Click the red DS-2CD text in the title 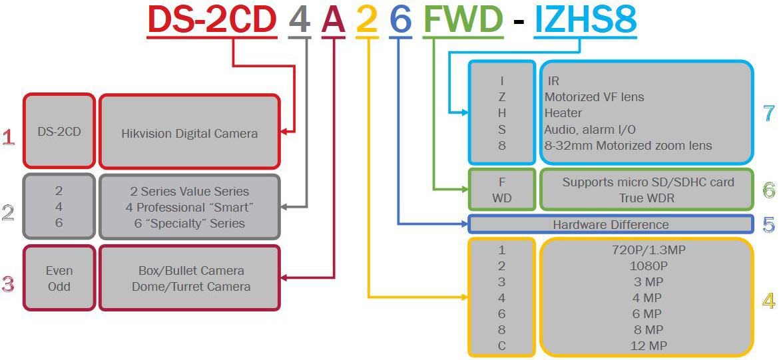pos(212,19)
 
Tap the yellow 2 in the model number pos(367,19)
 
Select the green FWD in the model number pos(463,19)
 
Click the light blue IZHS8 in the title pos(585,19)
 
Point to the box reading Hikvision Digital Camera pos(189,133)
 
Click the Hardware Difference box pos(611,224)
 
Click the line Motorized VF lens pos(594,96)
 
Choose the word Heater pos(563,113)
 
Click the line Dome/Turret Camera pos(189,287)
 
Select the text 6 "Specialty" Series pos(189,224)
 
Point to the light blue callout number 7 pos(769,113)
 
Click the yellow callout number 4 pos(769,301)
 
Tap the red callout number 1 pos(9,138)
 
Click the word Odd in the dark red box pos(59,287)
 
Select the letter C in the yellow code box pos(501,345)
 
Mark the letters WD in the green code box pos(501,198)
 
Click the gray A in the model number pos(333,19)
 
